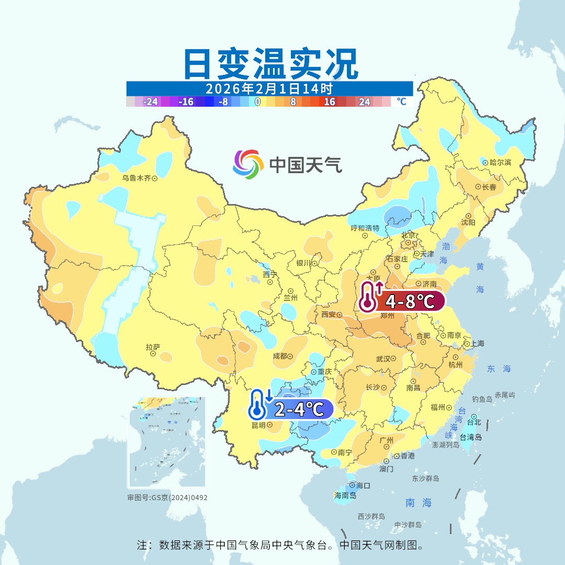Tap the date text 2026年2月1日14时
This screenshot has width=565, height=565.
(x=269, y=88)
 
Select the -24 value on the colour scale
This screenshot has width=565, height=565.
(x=151, y=101)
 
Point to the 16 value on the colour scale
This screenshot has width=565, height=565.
(x=330, y=101)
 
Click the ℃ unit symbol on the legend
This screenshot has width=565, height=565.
(x=401, y=101)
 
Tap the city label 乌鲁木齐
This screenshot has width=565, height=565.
(x=137, y=178)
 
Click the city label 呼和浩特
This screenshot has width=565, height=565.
(x=365, y=228)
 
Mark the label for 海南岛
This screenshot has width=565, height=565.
(x=345, y=495)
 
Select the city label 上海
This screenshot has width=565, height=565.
(x=477, y=344)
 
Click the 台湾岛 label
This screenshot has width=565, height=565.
(x=470, y=437)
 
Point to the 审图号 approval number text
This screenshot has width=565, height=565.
(x=167, y=498)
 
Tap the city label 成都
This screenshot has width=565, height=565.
(x=280, y=356)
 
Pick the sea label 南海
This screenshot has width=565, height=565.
(x=419, y=503)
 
